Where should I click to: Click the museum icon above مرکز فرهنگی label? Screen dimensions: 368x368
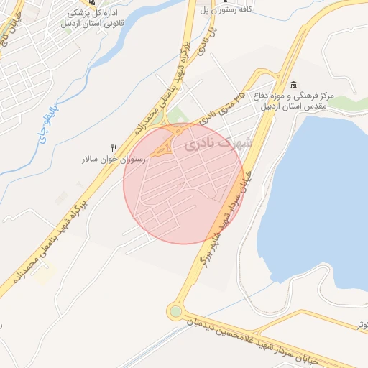(293, 85)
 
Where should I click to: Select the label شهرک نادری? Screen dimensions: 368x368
(214, 144)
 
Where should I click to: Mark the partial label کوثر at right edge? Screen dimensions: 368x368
(362, 325)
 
